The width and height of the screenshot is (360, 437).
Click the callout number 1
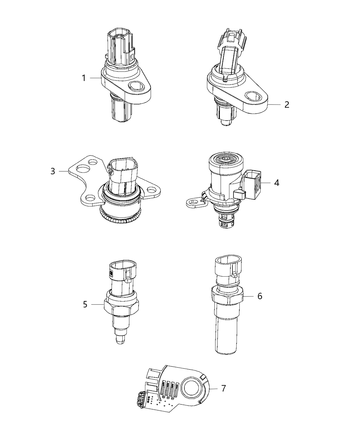point(84,78)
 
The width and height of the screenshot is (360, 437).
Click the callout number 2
point(287,105)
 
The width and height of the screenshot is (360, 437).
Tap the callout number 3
point(52,171)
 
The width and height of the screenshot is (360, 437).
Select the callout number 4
point(276,183)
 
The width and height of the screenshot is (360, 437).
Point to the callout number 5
point(85,304)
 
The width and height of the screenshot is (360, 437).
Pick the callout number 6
point(260,296)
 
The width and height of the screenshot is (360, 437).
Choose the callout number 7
point(223,388)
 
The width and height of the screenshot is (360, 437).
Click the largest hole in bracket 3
point(82,168)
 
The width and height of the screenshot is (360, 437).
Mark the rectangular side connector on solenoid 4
point(253,186)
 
